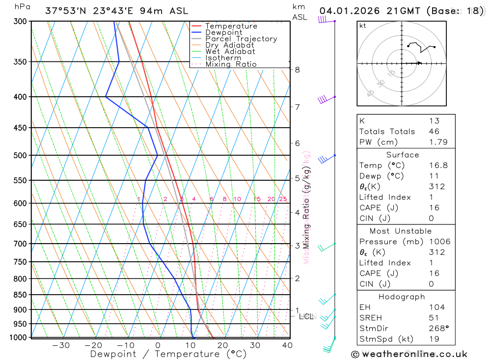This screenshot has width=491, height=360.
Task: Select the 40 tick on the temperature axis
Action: [x=287, y=345]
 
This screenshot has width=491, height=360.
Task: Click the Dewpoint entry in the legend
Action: [x=223, y=32]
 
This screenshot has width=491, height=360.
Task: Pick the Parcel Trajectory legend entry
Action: [x=241, y=39]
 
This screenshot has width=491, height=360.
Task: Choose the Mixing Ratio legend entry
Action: [x=231, y=64]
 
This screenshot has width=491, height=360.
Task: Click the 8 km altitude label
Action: [x=298, y=70]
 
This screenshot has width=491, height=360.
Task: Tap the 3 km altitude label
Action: [x=298, y=246]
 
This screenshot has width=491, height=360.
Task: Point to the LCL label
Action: [x=306, y=317]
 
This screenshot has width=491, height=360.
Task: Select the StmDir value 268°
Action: [x=436, y=329]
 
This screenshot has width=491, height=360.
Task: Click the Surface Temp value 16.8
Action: [x=438, y=166]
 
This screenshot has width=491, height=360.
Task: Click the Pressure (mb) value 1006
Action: [x=439, y=242]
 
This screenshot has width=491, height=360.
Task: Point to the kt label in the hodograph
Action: [x=363, y=26]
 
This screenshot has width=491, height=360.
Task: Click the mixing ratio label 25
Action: [x=283, y=199]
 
